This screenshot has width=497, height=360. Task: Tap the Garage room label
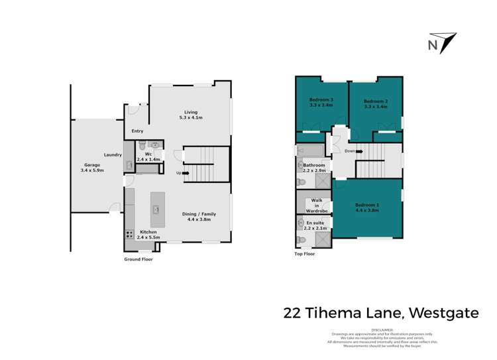(x=91, y=165)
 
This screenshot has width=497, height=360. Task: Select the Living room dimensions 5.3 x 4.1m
(x=190, y=118)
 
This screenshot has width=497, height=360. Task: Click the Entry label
(x=137, y=131)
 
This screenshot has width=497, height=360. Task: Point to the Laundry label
(x=112, y=154)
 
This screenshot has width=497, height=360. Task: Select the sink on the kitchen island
(x=156, y=209)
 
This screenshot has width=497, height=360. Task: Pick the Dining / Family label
(x=199, y=214)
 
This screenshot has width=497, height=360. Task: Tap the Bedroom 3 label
(x=321, y=99)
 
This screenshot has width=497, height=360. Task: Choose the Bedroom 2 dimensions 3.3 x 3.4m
(x=376, y=106)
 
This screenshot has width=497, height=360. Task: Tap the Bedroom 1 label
(x=366, y=205)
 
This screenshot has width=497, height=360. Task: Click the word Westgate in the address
(x=444, y=312)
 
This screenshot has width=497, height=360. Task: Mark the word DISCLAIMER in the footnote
(x=383, y=330)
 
